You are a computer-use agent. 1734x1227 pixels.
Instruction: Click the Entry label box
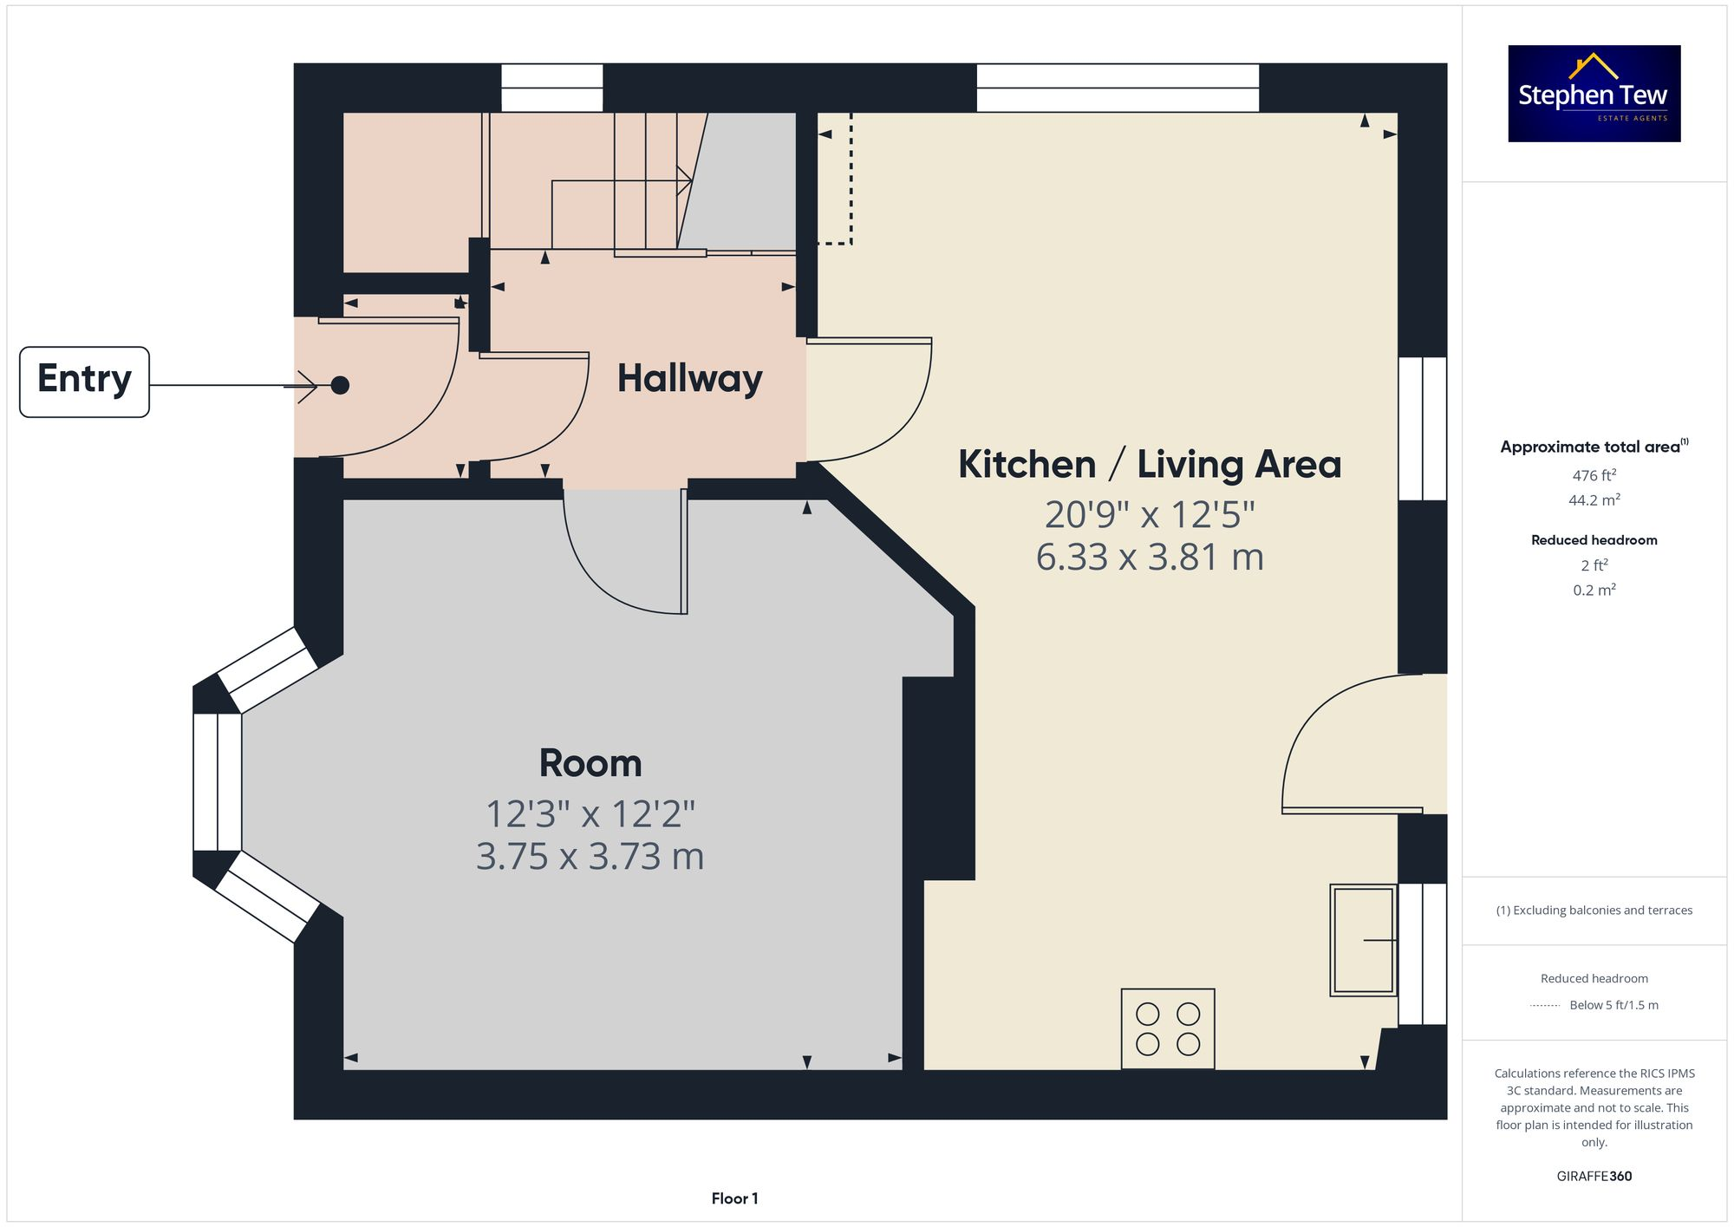click(84, 382)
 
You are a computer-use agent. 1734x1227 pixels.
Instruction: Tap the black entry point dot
click(340, 385)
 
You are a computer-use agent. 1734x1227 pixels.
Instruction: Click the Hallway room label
click(689, 378)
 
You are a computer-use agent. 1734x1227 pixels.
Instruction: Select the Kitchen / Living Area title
click(1149, 464)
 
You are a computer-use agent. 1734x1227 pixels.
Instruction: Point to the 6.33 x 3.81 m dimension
click(1149, 557)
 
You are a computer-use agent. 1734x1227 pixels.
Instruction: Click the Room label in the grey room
click(590, 763)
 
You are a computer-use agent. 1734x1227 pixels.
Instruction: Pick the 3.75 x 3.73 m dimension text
click(590, 857)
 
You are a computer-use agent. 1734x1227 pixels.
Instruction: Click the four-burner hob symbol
click(1167, 1028)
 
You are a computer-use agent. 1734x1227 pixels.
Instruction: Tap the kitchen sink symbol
click(1363, 940)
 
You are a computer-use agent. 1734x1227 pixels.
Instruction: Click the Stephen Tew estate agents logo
click(1594, 94)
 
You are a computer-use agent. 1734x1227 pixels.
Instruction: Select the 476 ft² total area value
click(1594, 475)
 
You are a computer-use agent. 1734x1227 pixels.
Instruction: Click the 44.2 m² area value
click(1594, 500)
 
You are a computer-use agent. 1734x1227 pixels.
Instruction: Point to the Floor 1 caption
click(734, 1198)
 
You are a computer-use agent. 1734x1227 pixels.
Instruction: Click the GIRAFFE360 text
click(1594, 1177)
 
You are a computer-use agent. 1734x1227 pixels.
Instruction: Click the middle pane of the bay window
click(217, 781)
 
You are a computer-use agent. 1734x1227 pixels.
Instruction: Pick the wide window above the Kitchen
click(1117, 88)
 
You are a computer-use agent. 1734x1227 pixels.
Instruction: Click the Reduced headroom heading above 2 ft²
click(1594, 540)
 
